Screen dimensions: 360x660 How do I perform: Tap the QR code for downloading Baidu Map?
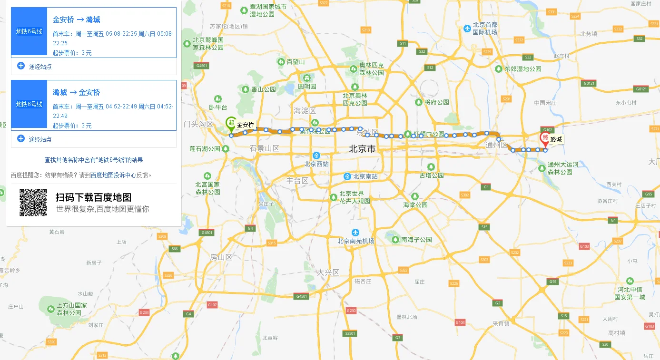coord(33,203)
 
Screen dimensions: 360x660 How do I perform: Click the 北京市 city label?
coord(362,149)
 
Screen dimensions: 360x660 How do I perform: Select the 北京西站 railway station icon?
coord(316,156)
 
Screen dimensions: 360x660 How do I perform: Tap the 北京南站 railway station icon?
coord(348,176)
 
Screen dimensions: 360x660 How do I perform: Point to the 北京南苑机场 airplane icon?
coord(355,232)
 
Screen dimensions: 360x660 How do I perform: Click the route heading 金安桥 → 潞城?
coord(76,19)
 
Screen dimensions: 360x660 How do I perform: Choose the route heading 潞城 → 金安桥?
coord(76,92)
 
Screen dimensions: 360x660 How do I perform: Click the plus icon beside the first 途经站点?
coord(21,66)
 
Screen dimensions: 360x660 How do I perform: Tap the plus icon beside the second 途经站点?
coord(21,139)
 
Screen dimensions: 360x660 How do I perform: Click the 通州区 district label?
coord(497,145)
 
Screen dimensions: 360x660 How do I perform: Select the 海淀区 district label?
coord(305,110)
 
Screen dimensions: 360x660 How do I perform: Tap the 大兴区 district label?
coord(328,272)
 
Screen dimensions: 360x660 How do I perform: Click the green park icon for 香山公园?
coord(245,89)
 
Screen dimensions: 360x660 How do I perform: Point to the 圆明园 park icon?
coord(307,78)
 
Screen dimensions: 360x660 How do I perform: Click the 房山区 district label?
coord(221,257)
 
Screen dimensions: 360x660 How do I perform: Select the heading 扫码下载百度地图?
coord(93,197)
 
